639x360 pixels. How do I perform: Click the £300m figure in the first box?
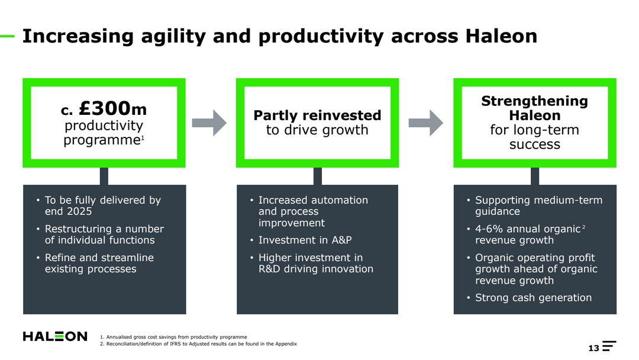click(112, 109)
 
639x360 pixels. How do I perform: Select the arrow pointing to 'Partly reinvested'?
click(209, 123)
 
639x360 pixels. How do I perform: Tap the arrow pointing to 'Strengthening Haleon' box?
click(425, 123)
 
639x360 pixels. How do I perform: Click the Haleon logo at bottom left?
click(55, 336)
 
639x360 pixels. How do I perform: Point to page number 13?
click(593, 348)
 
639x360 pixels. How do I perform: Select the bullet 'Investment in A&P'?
click(305, 240)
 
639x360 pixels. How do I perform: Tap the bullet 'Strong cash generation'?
click(533, 298)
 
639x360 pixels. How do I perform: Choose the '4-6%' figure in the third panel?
click(490, 229)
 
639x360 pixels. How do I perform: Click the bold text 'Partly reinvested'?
click(317, 115)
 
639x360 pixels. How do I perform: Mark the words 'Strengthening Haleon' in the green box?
click(534, 108)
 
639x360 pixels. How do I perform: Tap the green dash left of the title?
click(7, 36)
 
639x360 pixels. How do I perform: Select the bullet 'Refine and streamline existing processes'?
click(99, 263)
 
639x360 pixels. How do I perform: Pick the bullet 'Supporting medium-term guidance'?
click(538, 206)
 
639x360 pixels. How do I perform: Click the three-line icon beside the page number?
click(609, 346)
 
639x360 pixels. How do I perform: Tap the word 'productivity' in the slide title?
click(322, 37)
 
